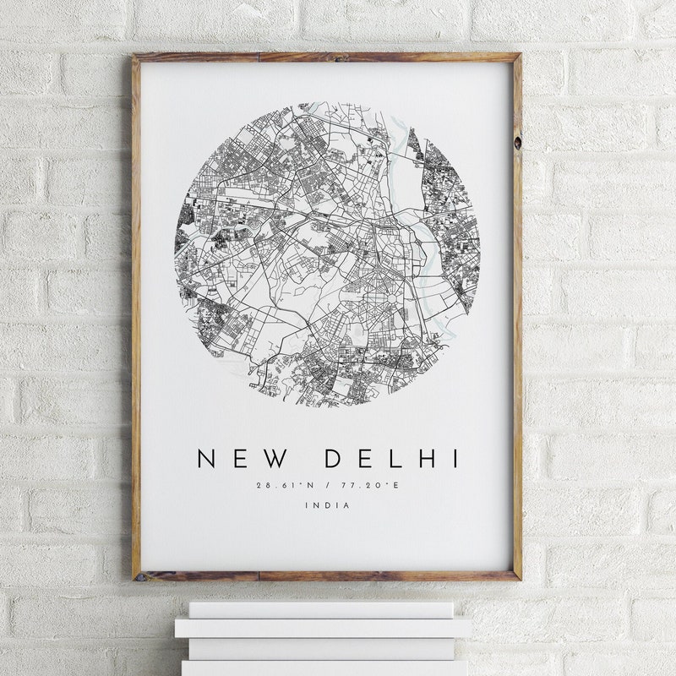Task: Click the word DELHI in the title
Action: [394, 459]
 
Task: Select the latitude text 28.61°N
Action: [285, 486]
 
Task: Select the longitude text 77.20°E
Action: [372, 486]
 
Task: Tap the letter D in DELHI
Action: [335, 459]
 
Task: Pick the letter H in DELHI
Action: [429, 459]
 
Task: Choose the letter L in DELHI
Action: [398, 459]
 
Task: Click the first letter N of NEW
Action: [206, 459]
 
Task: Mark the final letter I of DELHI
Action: [455, 459]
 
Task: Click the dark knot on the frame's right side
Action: [516, 140]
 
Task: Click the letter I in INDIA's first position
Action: [308, 505]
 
